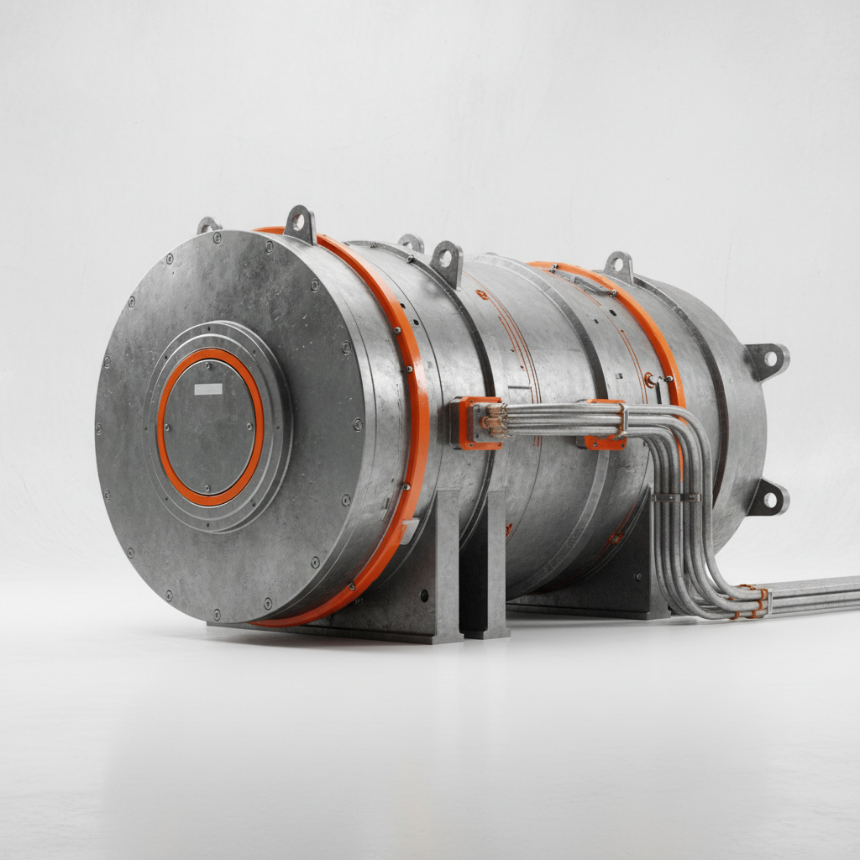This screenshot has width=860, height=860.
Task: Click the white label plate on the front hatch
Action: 208,389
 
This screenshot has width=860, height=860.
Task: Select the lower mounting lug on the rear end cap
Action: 769,497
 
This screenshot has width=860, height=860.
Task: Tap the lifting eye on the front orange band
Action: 300,223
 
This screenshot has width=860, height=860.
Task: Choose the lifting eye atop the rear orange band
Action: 619,266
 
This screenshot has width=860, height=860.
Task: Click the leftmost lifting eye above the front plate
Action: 207,224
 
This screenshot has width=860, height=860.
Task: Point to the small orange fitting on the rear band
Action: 649,380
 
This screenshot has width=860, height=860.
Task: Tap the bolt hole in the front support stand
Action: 422,595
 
